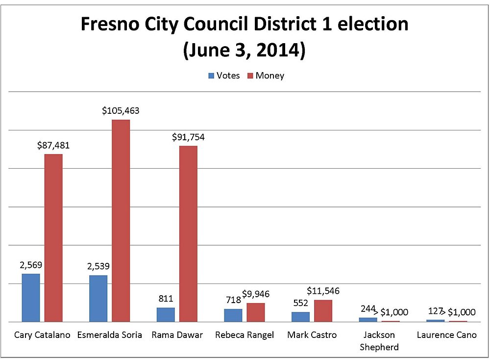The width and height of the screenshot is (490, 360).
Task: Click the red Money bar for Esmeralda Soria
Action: [121, 221]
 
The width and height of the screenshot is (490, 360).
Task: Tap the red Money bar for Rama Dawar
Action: [188, 233]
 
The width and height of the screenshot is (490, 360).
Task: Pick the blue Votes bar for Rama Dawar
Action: [166, 314]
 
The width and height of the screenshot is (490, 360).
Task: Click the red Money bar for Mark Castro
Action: [323, 310]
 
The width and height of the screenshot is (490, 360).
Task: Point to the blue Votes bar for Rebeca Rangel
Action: [233, 315]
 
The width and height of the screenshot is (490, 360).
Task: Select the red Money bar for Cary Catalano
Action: [53, 238]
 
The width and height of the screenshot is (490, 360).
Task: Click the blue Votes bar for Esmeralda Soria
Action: [98, 298]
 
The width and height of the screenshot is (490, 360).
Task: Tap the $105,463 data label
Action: [121, 111]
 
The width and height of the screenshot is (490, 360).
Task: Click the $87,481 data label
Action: [53, 145]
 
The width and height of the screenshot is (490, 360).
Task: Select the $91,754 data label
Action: [188, 137]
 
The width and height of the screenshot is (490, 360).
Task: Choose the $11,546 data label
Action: [323, 291]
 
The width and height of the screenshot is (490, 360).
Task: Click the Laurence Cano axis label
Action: [446, 335]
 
